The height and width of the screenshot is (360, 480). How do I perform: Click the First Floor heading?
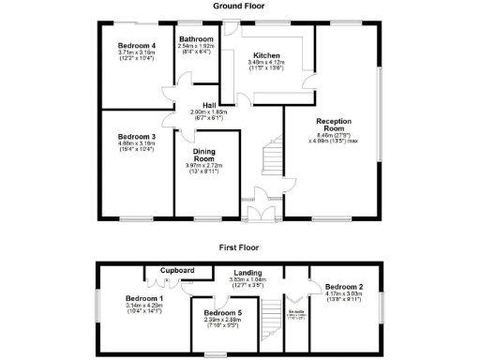(x=240, y=248)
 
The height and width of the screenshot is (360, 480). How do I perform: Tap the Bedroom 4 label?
(x=137, y=45)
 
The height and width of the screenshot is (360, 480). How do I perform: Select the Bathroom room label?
(x=197, y=39)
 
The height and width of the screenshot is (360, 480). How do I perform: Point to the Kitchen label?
(x=263, y=55)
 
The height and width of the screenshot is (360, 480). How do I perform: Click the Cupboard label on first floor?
(x=177, y=270)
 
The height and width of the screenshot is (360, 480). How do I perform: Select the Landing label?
(x=249, y=273)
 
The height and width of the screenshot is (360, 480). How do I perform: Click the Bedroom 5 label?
(x=223, y=312)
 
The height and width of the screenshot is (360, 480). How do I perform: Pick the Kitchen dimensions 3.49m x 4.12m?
(x=262, y=62)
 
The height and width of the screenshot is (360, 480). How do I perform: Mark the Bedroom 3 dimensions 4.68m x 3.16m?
(x=137, y=143)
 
